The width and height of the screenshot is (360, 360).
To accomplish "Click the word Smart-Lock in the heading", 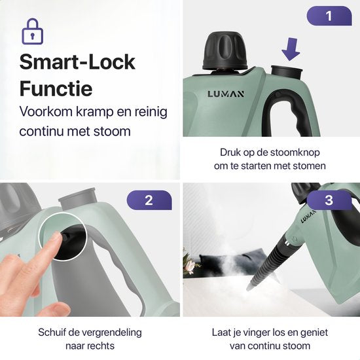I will [77, 62].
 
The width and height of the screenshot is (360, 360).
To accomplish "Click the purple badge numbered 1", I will [329, 16].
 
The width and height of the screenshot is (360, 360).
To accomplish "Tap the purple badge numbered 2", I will [149, 200].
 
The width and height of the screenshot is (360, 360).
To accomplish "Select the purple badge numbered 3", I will [329, 200].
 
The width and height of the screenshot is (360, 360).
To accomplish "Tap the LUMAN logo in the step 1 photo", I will [226, 94].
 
